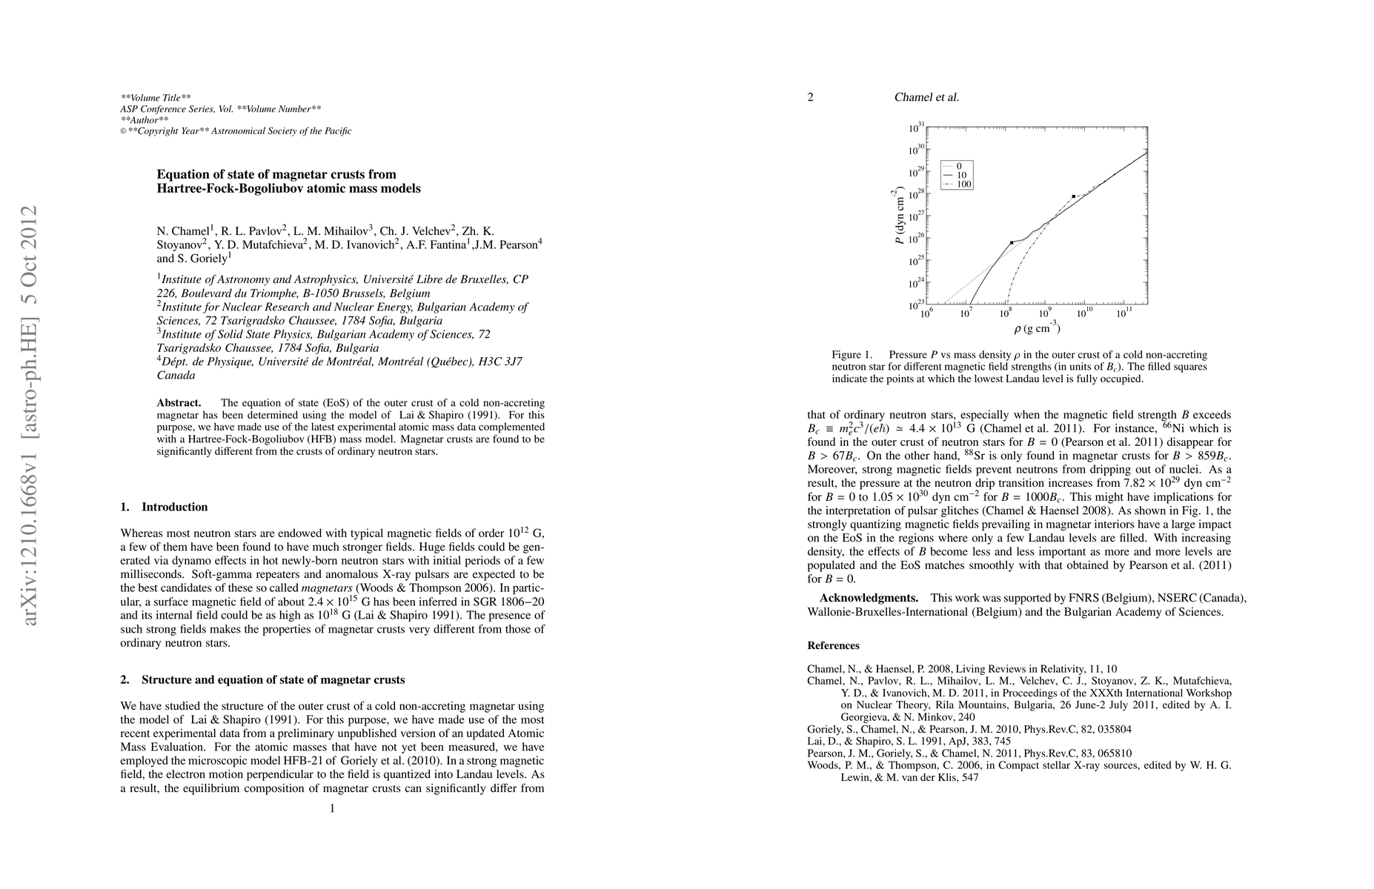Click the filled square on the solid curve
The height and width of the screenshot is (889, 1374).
pyautogui.click(x=1012, y=242)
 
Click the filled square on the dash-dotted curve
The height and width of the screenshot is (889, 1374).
pyautogui.click(x=1073, y=196)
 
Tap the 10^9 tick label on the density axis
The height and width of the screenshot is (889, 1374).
pyautogui.click(x=1045, y=314)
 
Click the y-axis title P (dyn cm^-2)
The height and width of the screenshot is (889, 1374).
pyautogui.click(x=898, y=216)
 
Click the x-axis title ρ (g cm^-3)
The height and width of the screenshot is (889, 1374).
pyautogui.click(x=1036, y=328)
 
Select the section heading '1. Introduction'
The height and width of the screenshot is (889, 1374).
pyautogui.click(x=164, y=507)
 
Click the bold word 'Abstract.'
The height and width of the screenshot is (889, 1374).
pyautogui.click(x=179, y=403)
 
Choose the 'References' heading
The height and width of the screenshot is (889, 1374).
pyautogui.click(x=833, y=645)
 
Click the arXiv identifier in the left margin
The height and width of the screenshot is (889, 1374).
pyautogui.click(x=30, y=415)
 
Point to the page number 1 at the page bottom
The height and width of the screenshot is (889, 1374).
pyautogui.click(x=332, y=808)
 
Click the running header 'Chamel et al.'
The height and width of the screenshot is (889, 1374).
pyautogui.click(x=926, y=97)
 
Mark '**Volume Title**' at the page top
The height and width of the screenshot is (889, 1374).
pyautogui.click(x=156, y=97)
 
